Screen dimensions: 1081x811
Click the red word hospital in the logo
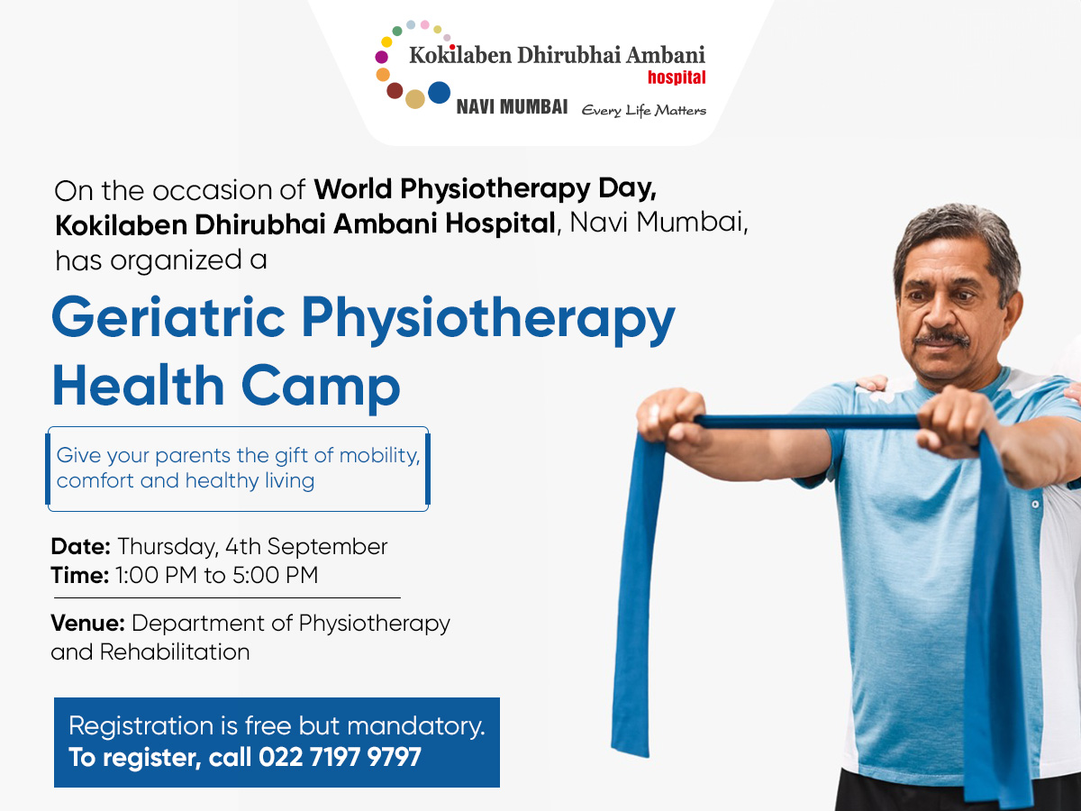pos(677,77)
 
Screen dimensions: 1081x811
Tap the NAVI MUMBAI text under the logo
pos(512,107)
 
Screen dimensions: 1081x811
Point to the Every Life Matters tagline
pos(644,110)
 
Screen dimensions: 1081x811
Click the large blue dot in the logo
pos(439,93)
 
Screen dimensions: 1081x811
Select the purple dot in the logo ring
pos(382,57)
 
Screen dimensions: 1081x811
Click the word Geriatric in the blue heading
pos(168,317)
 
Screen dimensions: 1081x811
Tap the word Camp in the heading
pos(320,387)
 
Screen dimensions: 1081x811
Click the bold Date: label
pos(81,547)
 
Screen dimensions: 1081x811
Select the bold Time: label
pos(80,575)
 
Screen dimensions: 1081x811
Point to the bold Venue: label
pos(88,624)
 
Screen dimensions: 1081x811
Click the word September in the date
pos(327,547)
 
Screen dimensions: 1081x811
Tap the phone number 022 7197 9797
pos(340,757)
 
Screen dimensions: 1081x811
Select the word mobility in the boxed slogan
pos(379,456)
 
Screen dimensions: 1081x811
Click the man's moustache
pos(941,339)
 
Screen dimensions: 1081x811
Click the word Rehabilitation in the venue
pos(175,652)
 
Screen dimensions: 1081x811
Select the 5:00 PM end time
pos(276,575)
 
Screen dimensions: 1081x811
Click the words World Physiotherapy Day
pos(485,189)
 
